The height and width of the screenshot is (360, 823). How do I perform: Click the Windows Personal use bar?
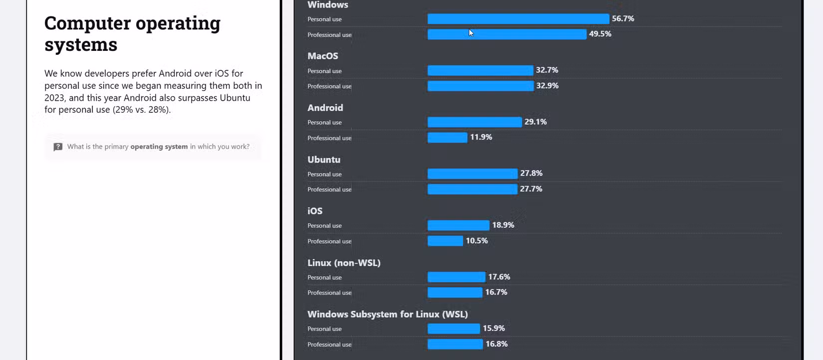(518, 19)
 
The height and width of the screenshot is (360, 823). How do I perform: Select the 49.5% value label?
(600, 34)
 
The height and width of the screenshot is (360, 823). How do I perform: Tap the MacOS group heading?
(323, 56)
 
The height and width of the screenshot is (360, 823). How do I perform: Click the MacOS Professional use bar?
(480, 86)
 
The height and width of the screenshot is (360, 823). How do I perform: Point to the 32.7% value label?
(547, 70)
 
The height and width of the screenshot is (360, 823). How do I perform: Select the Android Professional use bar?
(447, 138)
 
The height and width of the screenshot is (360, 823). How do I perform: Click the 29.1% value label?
(535, 122)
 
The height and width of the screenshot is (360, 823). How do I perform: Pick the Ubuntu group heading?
(324, 160)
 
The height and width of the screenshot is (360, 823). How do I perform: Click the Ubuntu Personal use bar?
(472, 174)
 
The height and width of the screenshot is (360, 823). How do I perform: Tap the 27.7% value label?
(531, 189)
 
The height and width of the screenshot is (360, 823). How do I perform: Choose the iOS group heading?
(315, 211)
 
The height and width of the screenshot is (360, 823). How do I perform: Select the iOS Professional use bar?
(445, 241)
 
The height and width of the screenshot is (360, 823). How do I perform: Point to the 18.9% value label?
(503, 225)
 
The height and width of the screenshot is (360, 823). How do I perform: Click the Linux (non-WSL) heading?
(344, 263)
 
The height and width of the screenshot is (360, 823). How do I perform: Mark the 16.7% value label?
(496, 292)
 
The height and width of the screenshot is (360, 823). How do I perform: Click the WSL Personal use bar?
(453, 329)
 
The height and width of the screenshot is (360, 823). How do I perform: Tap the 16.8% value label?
(496, 344)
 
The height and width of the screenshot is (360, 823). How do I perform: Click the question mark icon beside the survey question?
(58, 147)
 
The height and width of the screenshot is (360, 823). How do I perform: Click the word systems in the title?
(81, 45)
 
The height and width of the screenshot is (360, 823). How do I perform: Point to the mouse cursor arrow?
(471, 33)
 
